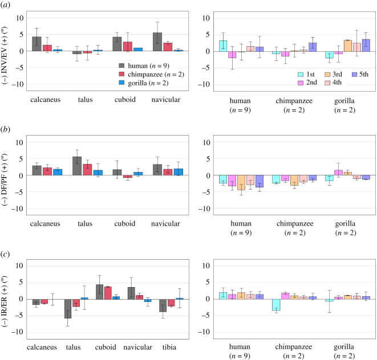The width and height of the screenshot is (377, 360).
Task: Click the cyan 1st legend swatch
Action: [301, 75]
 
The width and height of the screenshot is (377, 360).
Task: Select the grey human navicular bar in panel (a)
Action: [157, 42]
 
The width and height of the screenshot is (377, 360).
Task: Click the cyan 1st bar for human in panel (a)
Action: [223, 46]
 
